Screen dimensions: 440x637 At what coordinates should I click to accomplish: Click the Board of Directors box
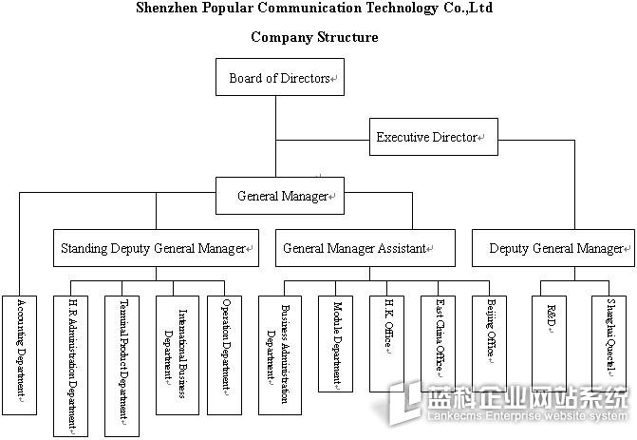(280, 77)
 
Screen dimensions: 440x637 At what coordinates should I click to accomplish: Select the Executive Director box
(433, 137)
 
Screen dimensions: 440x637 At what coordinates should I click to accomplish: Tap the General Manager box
(280, 196)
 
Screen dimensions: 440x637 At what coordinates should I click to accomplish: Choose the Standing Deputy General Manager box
(155, 248)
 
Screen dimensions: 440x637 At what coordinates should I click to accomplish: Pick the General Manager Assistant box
(355, 248)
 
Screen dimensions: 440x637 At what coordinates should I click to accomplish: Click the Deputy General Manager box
(553, 248)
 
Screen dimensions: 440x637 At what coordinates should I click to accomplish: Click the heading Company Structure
(314, 37)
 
